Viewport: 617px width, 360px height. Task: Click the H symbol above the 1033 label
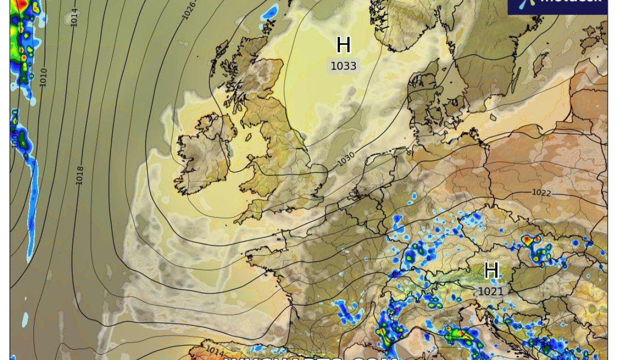coord(343,45)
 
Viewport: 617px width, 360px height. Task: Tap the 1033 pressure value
coord(343,66)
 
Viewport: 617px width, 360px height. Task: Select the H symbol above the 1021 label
coord(491,271)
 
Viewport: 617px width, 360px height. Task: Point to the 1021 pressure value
coord(491,291)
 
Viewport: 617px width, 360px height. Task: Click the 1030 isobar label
coord(346,159)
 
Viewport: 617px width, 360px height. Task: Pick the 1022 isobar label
coord(541,193)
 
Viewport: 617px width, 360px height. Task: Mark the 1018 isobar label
coord(80,175)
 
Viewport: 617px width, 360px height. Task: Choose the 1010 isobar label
coord(43,77)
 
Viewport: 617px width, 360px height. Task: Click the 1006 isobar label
coord(15,138)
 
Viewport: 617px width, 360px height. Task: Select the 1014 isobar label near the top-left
coord(75,17)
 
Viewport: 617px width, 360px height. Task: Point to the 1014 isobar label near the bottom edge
coord(215,350)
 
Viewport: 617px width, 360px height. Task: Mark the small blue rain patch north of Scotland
coord(269,12)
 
